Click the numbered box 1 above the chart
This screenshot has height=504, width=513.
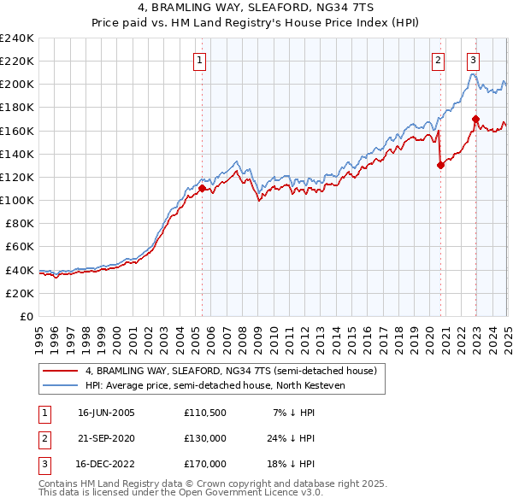coord(199,60)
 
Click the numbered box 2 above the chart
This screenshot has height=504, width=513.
coord(438,60)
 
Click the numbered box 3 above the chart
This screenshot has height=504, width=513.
coord(473,60)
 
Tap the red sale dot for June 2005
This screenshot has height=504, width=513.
coord(203,188)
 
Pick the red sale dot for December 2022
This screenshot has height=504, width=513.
coord(476,119)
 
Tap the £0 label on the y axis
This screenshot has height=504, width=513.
coord(27,316)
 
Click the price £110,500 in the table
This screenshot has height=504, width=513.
coord(204,413)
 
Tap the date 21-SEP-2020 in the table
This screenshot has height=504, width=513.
coord(106,438)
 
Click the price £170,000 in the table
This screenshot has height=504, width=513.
coord(204,464)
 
